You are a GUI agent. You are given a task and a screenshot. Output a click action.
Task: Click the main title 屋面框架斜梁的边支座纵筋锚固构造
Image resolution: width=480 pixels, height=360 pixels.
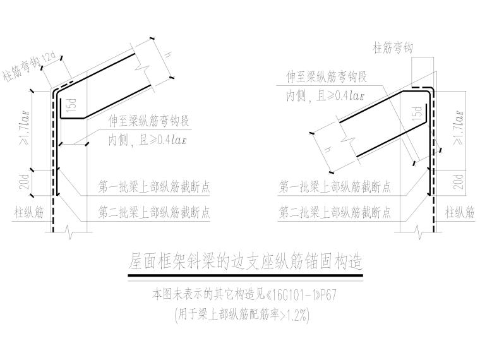click(246, 260)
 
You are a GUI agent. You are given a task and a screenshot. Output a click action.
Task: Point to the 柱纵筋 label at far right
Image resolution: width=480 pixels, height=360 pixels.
click(460, 213)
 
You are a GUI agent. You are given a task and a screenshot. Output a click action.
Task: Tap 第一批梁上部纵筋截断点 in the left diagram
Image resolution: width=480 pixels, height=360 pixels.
click(154, 187)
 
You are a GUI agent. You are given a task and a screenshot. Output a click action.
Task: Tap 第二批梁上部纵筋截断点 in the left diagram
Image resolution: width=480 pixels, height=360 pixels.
click(154, 213)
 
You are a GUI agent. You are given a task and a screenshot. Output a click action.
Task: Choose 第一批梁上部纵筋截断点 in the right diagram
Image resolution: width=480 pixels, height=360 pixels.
click(335, 187)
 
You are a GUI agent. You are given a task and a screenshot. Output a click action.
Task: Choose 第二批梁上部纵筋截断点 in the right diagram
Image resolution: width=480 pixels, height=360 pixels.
click(335, 213)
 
